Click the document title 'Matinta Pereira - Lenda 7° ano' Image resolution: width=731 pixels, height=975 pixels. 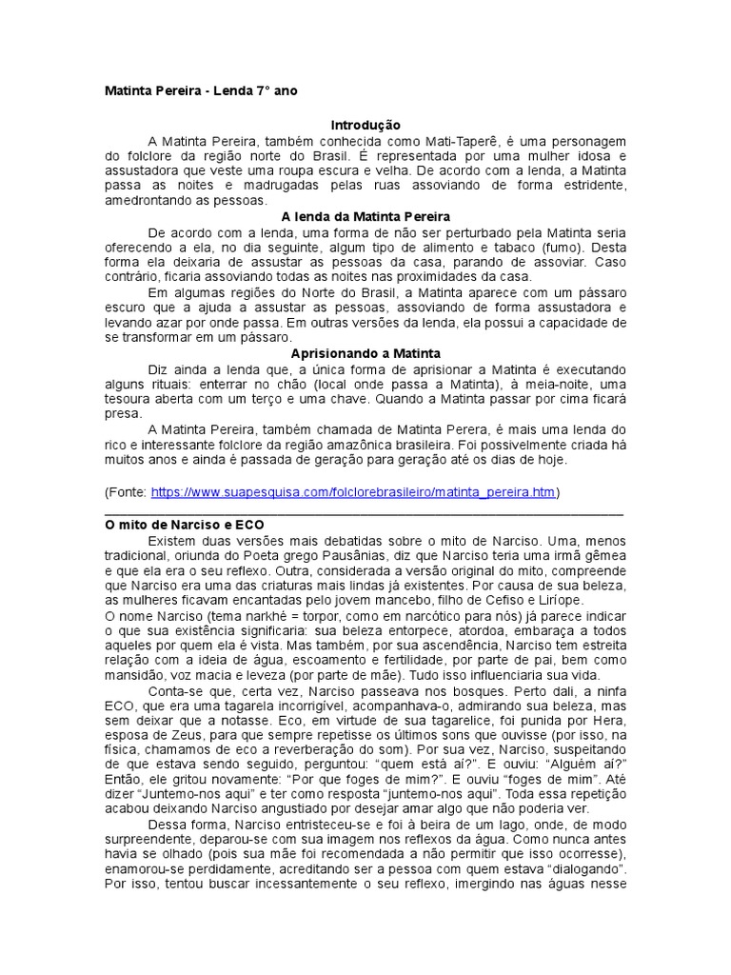(x=207, y=92)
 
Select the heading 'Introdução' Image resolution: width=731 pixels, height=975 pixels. (x=365, y=126)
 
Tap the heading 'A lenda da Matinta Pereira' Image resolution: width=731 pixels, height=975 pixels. (x=365, y=217)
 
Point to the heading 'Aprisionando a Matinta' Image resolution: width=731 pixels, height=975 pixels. (x=365, y=353)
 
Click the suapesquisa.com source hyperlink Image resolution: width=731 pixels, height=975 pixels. (x=352, y=492)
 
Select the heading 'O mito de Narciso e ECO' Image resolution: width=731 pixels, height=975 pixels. (x=184, y=525)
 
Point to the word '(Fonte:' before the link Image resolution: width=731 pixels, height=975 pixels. (x=126, y=492)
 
